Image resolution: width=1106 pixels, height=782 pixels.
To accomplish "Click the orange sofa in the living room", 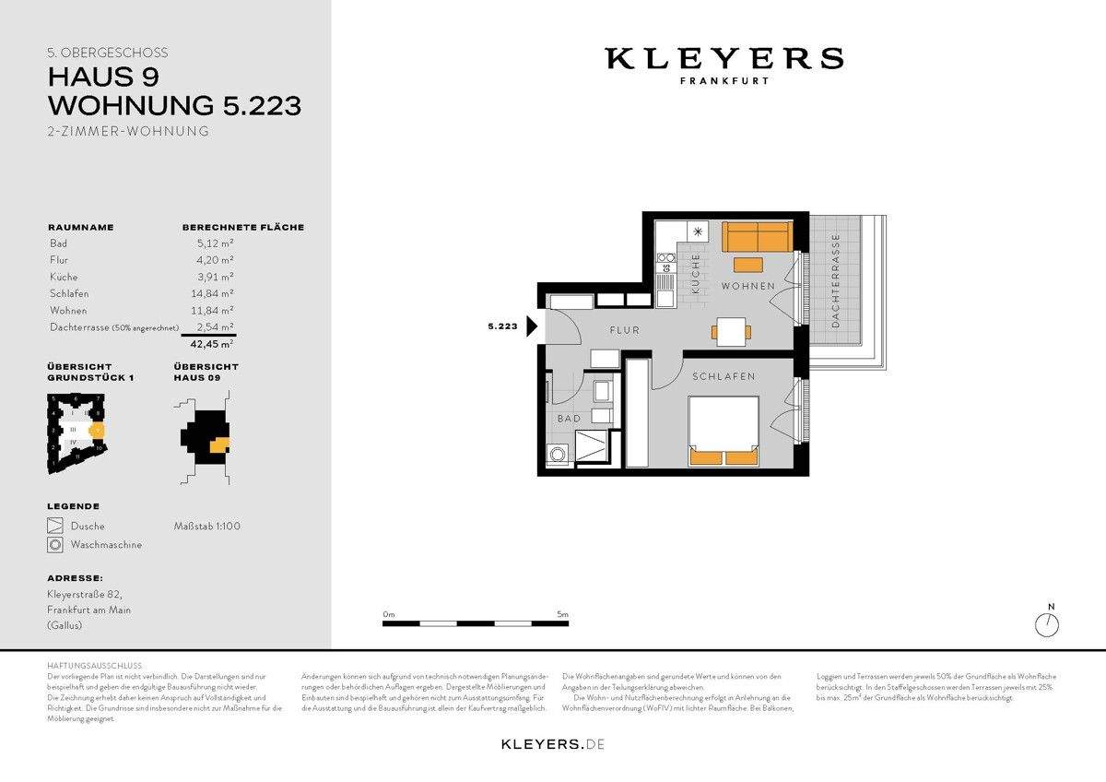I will coord(756,237).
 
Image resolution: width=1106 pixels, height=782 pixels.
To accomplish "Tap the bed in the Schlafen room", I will coord(724,430).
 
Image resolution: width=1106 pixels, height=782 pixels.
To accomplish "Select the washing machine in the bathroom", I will coord(558,454).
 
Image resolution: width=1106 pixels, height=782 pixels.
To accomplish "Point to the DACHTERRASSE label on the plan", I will coord(835,281).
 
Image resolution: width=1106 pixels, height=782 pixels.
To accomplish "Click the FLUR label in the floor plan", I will coord(624,330).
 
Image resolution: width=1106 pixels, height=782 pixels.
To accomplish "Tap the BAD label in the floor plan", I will coord(569,419).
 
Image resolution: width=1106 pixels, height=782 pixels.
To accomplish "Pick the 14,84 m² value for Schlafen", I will coord(215,293).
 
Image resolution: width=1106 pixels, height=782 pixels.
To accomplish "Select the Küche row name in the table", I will coord(64,277).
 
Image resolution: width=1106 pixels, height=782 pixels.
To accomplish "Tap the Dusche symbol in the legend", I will coord(56,527).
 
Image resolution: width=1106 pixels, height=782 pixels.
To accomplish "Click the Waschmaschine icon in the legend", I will coord(56,545).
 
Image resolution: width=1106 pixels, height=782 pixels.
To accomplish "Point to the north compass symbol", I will coord(1047,624).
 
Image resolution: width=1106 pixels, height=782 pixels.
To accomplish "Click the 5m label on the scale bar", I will coord(562,613).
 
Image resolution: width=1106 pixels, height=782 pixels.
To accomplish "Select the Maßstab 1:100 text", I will coord(206,527).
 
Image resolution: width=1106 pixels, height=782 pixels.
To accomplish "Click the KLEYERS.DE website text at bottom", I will coord(553,743).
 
